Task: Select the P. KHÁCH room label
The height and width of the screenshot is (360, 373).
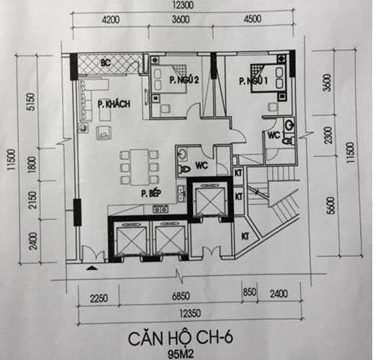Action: (x=114, y=104)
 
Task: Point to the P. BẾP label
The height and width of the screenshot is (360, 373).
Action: (x=150, y=193)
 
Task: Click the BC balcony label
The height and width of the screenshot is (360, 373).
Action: (x=106, y=62)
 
